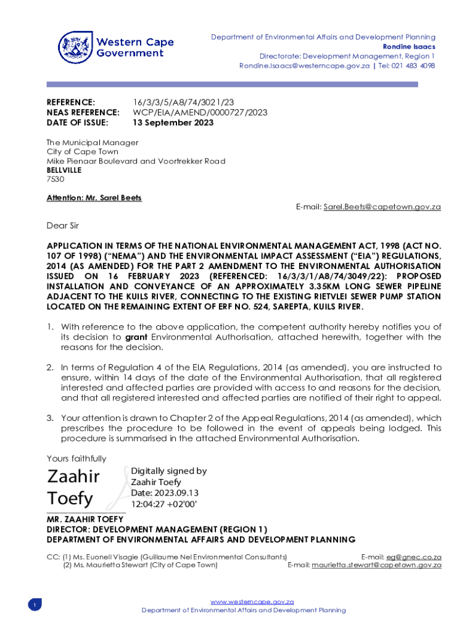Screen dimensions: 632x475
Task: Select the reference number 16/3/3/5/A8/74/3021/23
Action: point(183,102)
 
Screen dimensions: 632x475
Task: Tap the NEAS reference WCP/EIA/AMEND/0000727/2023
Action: point(200,112)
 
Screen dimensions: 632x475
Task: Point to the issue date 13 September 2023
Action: point(173,123)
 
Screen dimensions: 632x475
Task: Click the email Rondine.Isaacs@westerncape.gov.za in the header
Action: point(304,66)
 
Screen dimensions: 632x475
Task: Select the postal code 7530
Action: point(56,179)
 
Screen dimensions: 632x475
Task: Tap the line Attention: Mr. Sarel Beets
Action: point(94,198)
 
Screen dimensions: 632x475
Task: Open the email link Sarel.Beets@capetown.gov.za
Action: point(382,207)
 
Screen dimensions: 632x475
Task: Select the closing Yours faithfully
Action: point(76,459)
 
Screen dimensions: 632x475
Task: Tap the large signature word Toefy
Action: point(70,497)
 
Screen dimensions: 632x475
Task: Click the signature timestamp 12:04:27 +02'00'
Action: point(163,504)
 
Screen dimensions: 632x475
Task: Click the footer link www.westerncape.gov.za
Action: point(252,602)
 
